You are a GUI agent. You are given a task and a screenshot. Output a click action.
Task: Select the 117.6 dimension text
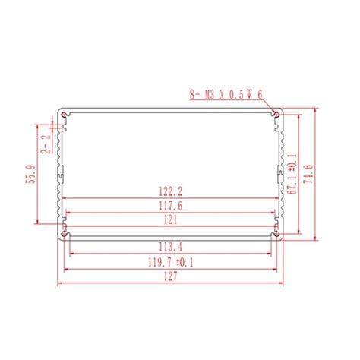[172, 205]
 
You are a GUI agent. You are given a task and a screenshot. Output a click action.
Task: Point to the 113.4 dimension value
[172, 246]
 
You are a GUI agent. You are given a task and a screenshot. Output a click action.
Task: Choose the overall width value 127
[172, 279]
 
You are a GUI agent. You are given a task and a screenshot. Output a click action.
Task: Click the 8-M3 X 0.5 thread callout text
[225, 95]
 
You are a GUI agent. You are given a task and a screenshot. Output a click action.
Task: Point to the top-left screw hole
[65, 115]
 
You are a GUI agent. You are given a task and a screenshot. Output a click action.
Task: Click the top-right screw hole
[279, 115]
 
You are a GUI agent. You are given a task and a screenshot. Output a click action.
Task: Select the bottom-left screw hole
[65, 229]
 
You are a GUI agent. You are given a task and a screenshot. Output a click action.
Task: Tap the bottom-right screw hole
[279, 229]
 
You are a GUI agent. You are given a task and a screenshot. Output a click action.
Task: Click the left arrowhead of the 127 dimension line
[58, 286]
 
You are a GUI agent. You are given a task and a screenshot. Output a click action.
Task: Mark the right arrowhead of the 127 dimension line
[284, 286]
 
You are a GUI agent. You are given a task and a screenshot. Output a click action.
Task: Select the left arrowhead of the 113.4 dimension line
[71, 253]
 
